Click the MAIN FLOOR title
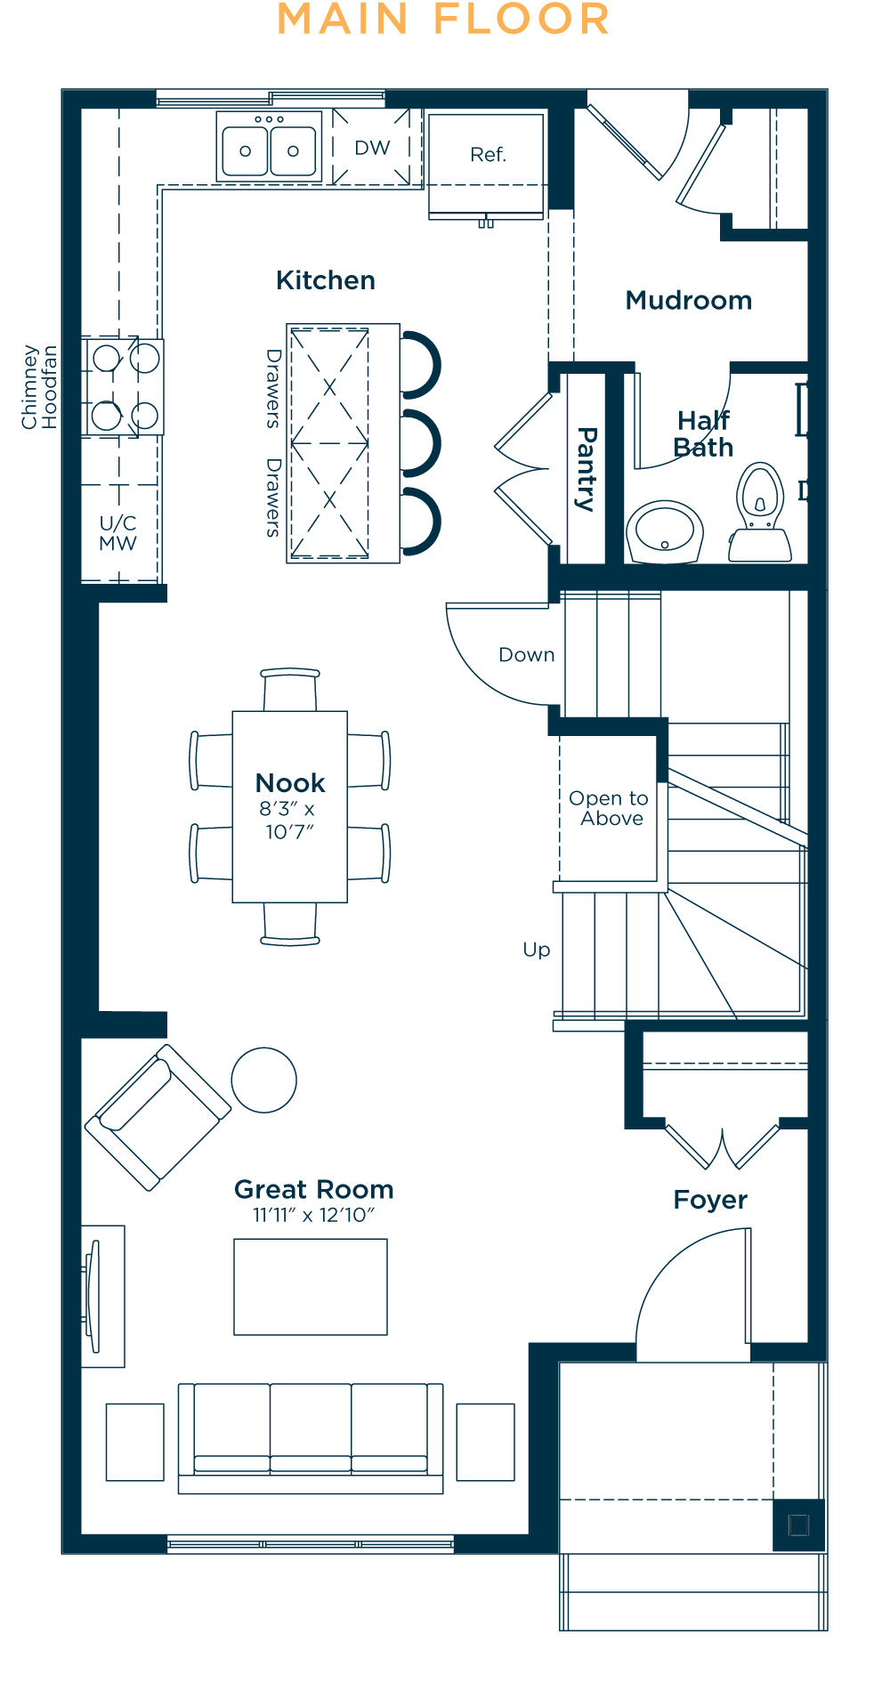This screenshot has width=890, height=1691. pos(443,20)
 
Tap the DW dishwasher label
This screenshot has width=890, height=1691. pos(372,148)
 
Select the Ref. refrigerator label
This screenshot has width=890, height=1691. pos(488,155)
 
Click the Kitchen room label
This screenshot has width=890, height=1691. pos(326,280)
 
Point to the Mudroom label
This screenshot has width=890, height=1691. pos(689,301)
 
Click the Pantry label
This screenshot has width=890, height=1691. pos(587,469)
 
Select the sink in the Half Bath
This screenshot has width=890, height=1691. pos(665,532)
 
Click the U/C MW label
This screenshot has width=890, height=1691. pos(117,533)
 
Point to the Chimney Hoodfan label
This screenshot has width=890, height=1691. pos(39,387)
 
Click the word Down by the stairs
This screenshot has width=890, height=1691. pos(527,655)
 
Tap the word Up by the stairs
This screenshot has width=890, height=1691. pos(537,951)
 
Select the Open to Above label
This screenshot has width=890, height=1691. pos(609,808)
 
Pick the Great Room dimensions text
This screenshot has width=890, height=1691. pos(314,1216)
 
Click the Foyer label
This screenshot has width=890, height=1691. pos(710,1200)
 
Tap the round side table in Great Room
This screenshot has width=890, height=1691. pos(263,1080)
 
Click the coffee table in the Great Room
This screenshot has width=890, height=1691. pos(311,1287)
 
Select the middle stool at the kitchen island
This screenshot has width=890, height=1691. pos(419,443)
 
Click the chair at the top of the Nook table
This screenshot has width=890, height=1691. pos(290,690)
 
